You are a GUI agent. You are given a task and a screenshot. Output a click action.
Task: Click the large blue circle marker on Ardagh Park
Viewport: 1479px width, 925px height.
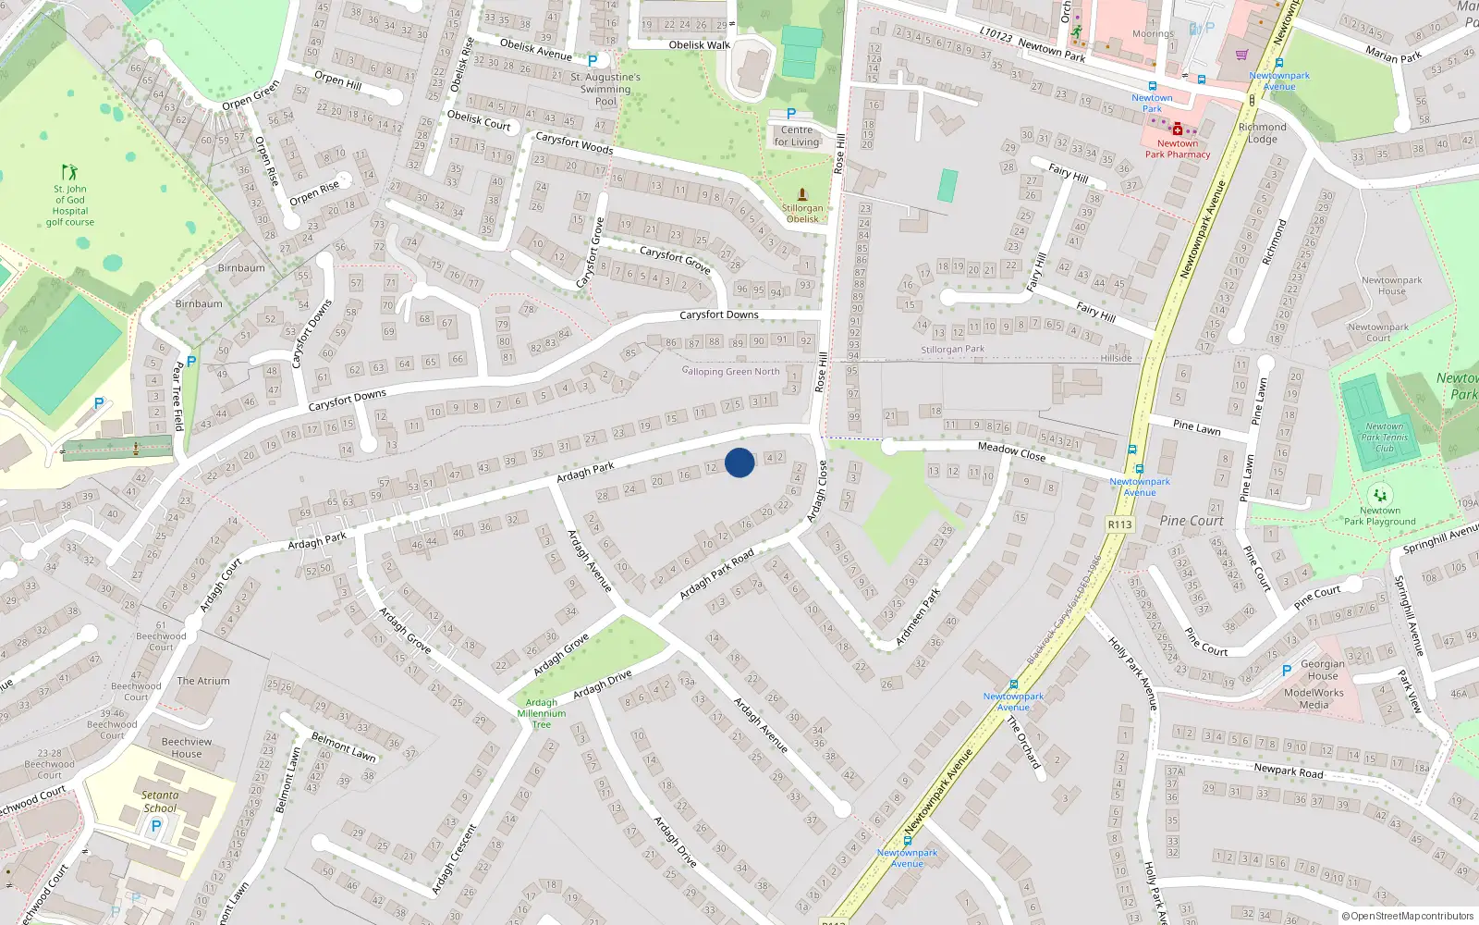(739, 462)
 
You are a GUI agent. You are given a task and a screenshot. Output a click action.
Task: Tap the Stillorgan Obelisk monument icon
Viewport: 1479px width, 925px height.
(802, 194)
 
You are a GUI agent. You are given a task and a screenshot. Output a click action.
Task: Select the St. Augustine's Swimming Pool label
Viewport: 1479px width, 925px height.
(605, 90)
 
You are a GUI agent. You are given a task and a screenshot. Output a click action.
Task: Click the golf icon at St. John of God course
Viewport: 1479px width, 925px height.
(69, 172)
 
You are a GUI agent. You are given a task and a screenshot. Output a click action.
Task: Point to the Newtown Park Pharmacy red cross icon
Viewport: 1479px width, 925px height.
(1177, 130)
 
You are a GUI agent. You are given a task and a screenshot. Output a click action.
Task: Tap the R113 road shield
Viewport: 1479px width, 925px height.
(1119, 524)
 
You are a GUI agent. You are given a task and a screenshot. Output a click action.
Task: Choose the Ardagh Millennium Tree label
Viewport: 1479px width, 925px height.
(542, 713)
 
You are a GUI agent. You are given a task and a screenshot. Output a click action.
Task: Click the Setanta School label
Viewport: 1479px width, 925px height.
(160, 801)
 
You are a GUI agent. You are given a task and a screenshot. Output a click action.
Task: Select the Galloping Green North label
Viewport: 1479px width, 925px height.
(730, 372)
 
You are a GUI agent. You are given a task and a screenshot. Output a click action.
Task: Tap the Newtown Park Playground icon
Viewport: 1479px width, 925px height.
(1380, 495)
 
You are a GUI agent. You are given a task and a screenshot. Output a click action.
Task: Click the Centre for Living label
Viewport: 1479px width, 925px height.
(797, 136)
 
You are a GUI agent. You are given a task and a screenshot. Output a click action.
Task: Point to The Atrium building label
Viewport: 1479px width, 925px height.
(203, 681)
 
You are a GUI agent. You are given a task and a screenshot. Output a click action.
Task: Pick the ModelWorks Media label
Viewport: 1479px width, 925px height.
(1314, 698)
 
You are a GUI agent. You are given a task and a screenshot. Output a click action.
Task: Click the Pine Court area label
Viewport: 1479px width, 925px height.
(1192, 521)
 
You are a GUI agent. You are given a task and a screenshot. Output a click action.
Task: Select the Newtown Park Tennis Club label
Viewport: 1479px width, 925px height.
(1384, 438)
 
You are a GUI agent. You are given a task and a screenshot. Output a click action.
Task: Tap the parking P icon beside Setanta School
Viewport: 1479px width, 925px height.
(156, 826)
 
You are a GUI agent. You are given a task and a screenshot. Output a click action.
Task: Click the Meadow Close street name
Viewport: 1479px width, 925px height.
(1011, 450)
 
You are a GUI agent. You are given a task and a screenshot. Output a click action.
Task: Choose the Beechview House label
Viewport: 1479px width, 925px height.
(187, 747)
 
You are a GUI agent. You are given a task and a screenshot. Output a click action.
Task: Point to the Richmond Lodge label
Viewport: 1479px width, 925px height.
(1262, 133)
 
